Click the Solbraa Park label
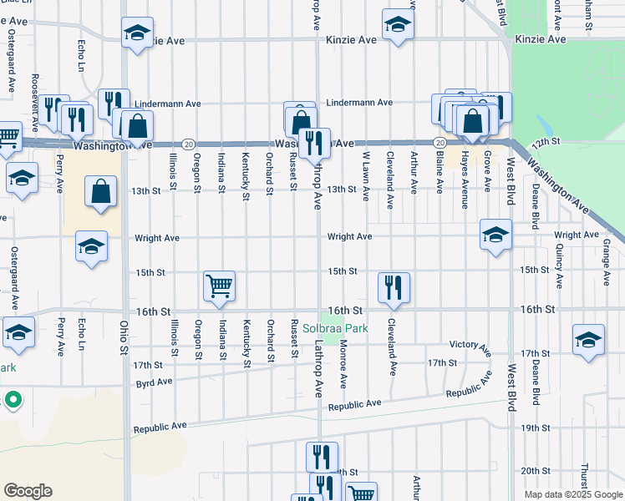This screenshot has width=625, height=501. (335, 328)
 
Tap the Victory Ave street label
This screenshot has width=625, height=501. (469, 344)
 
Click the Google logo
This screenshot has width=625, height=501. (28, 491)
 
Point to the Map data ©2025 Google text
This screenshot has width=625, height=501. (572, 494)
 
